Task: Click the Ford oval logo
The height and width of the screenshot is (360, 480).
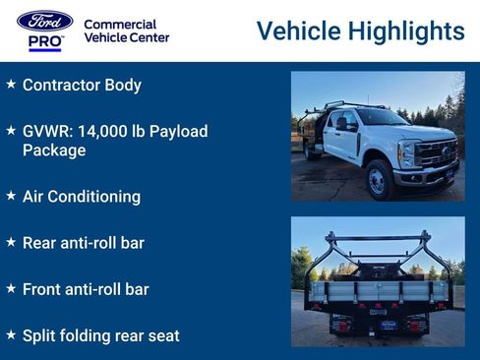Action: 44,21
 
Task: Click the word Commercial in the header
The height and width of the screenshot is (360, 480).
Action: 119,24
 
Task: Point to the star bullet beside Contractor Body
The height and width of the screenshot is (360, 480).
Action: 11,85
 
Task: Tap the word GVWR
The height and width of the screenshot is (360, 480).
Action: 45,132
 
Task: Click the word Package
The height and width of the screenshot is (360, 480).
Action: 54,150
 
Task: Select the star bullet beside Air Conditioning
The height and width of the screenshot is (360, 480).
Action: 11,196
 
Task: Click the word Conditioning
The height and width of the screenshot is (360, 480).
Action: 96,197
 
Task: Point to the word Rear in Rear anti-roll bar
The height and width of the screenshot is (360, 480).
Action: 39,243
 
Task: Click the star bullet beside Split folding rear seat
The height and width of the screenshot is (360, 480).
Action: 11,335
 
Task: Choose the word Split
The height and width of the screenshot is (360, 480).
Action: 39,335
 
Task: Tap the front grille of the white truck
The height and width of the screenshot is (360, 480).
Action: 438,153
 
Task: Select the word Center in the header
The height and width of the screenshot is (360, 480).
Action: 149,37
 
